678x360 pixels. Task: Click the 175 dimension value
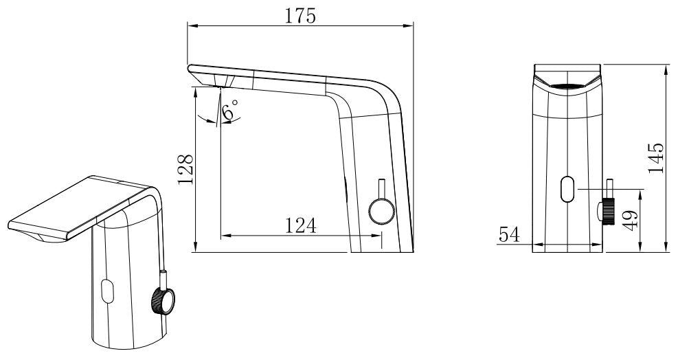(300, 16)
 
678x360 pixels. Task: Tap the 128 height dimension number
(186, 169)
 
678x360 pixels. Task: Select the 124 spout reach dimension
(300, 225)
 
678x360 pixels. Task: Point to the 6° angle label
(230, 110)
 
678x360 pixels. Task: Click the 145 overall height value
(655, 157)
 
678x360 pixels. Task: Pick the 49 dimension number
(630, 221)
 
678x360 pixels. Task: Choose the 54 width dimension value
(510, 234)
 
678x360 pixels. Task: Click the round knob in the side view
(382, 212)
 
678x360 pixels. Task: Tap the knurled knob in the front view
(607, 211)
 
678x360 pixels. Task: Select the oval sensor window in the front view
(567, 189)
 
